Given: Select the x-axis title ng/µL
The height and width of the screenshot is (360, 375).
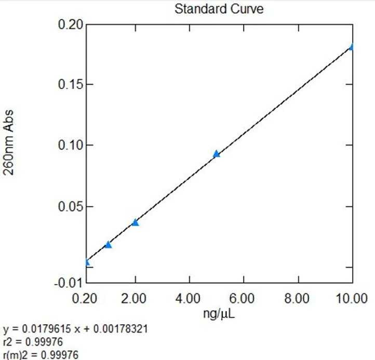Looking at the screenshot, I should [x=219, y=313].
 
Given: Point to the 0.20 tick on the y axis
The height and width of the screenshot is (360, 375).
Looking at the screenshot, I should [x=69, y=25].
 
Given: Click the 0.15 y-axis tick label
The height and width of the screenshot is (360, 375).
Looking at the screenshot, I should [x=69, y=85].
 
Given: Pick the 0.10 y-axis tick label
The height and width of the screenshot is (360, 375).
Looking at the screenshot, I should [x=69, y=145].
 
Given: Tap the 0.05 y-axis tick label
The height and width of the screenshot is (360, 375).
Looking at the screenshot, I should [x=69, y=206].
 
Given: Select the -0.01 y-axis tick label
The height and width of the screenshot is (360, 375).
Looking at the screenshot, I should [x=69, y=283].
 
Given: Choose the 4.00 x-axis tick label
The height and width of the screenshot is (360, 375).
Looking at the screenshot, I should [x=189, y=299].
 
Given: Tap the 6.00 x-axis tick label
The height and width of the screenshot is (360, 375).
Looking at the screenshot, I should [x=244, y=299].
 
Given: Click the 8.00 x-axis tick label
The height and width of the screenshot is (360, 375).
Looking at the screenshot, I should [x=298, y=299].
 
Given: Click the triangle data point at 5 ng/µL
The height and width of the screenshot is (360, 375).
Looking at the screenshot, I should [x=217, y=154].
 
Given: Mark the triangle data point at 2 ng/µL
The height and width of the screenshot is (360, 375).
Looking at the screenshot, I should [x=135, y=222].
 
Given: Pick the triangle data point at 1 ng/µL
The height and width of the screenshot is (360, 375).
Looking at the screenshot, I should [x=108, y=244].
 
